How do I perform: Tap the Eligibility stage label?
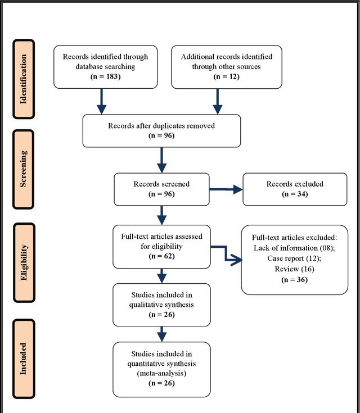(x=24, y=261)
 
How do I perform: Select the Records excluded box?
(x=295, y=189)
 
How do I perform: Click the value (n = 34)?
(x=295, y=194)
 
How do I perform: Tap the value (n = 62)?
(x=161, y=255)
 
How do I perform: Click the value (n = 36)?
(x=295, y=279)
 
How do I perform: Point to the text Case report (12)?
(x=295, y=258)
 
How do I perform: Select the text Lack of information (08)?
(x=295, y=247)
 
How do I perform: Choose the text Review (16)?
(x=295, y=269)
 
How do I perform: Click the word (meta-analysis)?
(x=161, y=373)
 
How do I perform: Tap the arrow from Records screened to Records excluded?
(x=225, y=189)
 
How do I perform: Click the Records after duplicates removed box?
(x=162, y=130)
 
